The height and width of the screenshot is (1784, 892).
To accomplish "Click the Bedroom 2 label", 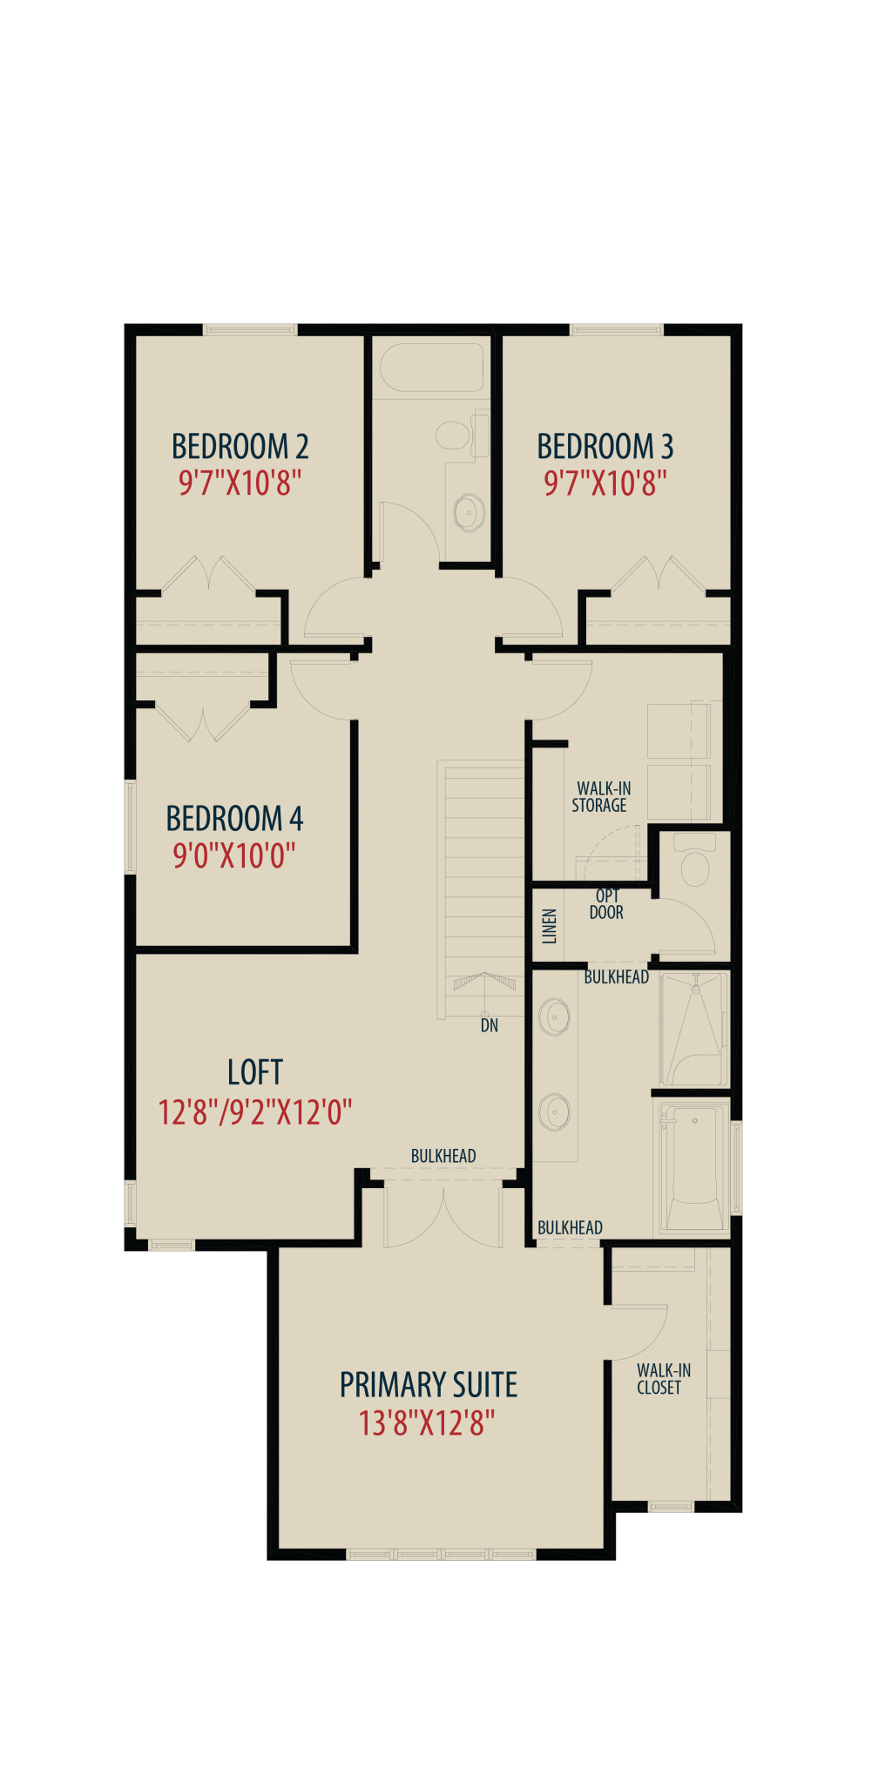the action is pos(240,446).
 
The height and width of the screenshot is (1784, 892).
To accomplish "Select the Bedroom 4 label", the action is pos(234,819).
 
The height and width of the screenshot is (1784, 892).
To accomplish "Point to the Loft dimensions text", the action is pos(255,1112).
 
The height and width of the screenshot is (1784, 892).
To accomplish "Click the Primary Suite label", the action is pos(429,1384).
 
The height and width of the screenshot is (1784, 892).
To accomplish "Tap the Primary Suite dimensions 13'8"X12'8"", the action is pos(427,1423).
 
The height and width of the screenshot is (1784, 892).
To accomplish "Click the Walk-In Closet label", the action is pos(663,1379).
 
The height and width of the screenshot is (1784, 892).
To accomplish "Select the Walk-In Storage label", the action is pos(601,797).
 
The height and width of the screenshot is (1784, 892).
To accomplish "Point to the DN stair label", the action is pos(490,1025).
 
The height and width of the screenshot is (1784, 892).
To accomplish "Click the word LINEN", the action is pos(550,926).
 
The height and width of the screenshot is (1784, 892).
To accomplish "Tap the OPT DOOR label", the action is pos(606,904).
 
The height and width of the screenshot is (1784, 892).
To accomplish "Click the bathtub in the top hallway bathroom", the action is pos(432,368).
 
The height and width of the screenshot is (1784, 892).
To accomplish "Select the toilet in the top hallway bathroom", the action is pos(460,433).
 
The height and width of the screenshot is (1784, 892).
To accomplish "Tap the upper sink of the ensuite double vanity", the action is pos(555,1017).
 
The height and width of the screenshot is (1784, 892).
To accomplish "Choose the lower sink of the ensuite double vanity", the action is pos(555,1112).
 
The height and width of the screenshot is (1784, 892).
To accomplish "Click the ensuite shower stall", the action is pos(693,1028).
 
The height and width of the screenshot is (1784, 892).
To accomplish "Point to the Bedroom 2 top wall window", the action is pos(251,329).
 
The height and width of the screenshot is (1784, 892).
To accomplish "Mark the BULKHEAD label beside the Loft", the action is pos(443,1156).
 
